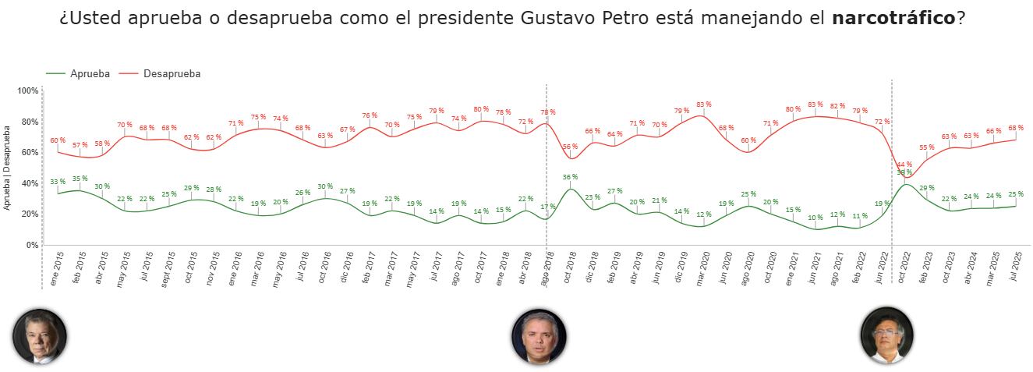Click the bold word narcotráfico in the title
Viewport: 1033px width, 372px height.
coord(893,18)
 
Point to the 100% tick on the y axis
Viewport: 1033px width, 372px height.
coord(28,91)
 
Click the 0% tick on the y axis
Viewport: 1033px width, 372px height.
coord(31,245)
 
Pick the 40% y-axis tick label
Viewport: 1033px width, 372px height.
coord(30,183)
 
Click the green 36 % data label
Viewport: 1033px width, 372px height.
coord(571,177)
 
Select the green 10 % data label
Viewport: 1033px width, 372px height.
coord(815,218)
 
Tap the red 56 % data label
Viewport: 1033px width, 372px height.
coord(570,147)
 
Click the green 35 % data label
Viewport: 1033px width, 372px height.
coord(80,179)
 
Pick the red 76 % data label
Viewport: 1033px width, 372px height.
coord(370,115)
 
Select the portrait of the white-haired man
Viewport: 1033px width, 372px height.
coord(40,336)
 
